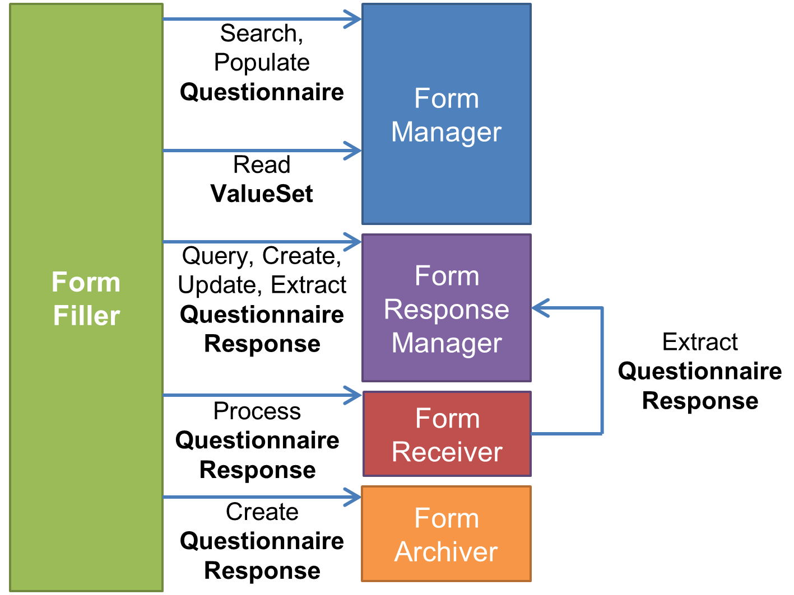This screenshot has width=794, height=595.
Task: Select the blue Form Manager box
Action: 446,114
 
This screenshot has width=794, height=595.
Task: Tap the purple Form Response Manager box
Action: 446,308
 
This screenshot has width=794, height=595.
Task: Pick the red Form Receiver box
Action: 447,434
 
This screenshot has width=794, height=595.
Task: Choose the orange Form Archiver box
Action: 446,534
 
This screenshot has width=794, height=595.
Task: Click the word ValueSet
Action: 262,194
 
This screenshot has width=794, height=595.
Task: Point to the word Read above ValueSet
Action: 262,165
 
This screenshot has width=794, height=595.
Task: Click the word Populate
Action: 262,63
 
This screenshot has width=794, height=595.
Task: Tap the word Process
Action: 257,411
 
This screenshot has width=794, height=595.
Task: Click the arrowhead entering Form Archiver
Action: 353,497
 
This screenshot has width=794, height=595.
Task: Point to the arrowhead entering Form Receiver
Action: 353,395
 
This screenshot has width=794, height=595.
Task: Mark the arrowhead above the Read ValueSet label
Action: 353,151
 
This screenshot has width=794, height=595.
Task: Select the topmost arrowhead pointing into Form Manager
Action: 353,19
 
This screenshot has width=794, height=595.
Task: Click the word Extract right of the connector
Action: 700,342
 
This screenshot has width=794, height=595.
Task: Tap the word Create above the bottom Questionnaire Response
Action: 262,512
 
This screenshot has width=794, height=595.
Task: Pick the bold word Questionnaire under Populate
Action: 262,92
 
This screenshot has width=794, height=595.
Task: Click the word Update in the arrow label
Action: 217,285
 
